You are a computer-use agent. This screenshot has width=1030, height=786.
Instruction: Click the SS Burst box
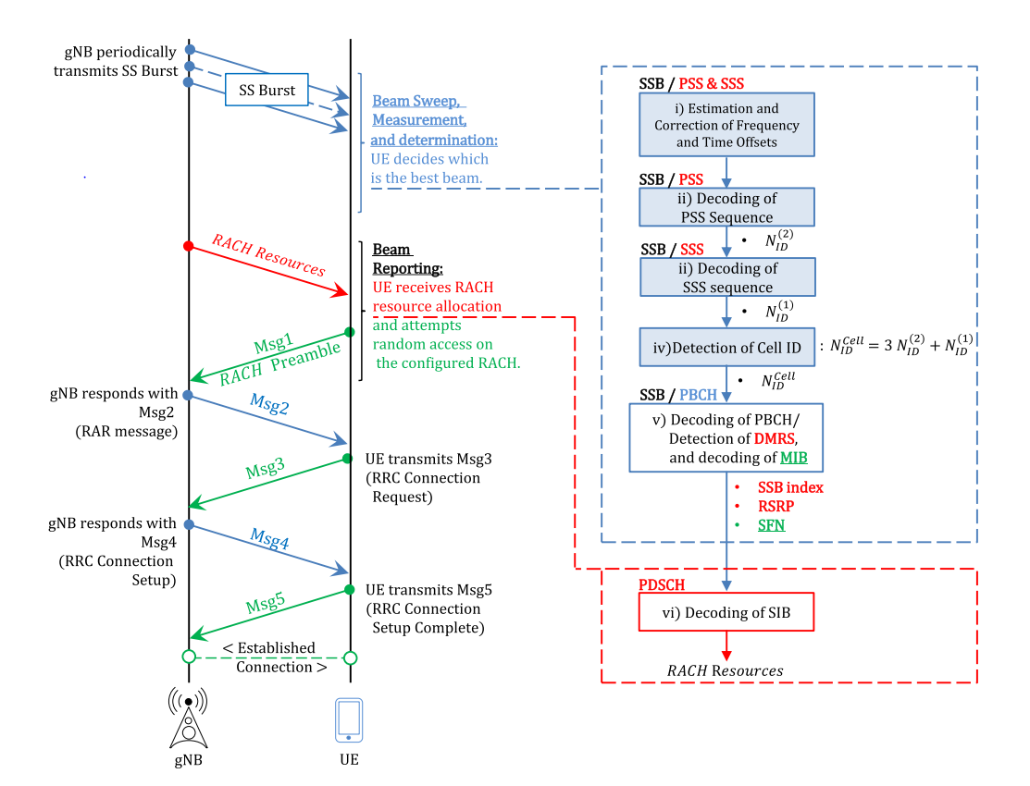tap(267, 90)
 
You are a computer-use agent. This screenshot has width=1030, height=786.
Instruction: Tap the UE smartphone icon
tap(349, 719)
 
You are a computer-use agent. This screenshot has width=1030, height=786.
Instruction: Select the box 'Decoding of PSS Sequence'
tap(726, 207)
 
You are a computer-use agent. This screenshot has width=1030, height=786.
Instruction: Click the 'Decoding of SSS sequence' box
tap(727, 277)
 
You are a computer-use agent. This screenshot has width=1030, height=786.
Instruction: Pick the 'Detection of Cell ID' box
tap(726, 348)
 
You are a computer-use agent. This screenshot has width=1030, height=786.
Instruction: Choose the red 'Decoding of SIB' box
tap(726, 612)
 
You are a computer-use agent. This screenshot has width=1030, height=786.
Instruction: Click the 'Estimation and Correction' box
tap(726, 125)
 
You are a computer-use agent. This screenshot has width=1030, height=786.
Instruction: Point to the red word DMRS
tap(775, 438)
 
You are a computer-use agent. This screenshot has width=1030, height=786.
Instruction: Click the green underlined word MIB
tap(793, 458)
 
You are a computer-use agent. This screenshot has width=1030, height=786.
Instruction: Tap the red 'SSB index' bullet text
tap(790, 487)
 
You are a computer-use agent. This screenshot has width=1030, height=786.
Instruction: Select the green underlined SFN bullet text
tap(771, 525)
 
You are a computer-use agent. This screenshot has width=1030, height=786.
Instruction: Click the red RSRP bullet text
tap(776, 506)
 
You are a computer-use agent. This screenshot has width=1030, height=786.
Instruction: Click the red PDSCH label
tap(662, 584)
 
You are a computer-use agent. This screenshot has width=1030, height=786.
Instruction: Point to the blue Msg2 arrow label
tap(269, 404)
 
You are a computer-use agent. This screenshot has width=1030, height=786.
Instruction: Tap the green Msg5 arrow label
tap(266, 602)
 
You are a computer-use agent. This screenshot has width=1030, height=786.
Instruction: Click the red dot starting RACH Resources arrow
tap(189, 246)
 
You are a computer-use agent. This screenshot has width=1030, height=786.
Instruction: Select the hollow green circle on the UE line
tap(351, 658)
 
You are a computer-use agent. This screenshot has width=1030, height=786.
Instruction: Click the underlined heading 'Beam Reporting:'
tap(407, 259)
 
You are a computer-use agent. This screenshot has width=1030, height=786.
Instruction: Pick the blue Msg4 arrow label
tap(269, 538)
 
